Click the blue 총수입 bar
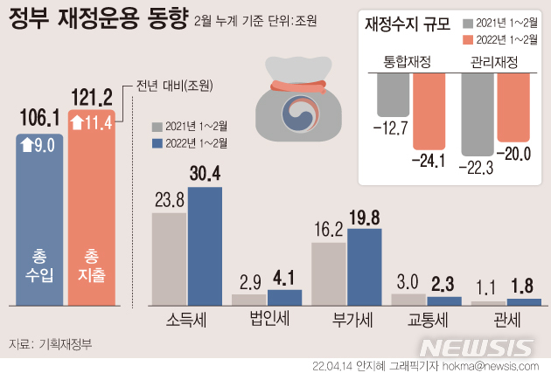tap(39, 218)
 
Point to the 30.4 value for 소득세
tap(205, 175)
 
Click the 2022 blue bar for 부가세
tap(364, 266)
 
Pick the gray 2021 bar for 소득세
tap(169, 259)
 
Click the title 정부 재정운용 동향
tap(97, 19)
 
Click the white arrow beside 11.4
tap(78, 121)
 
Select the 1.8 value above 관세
tap(525, 287)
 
